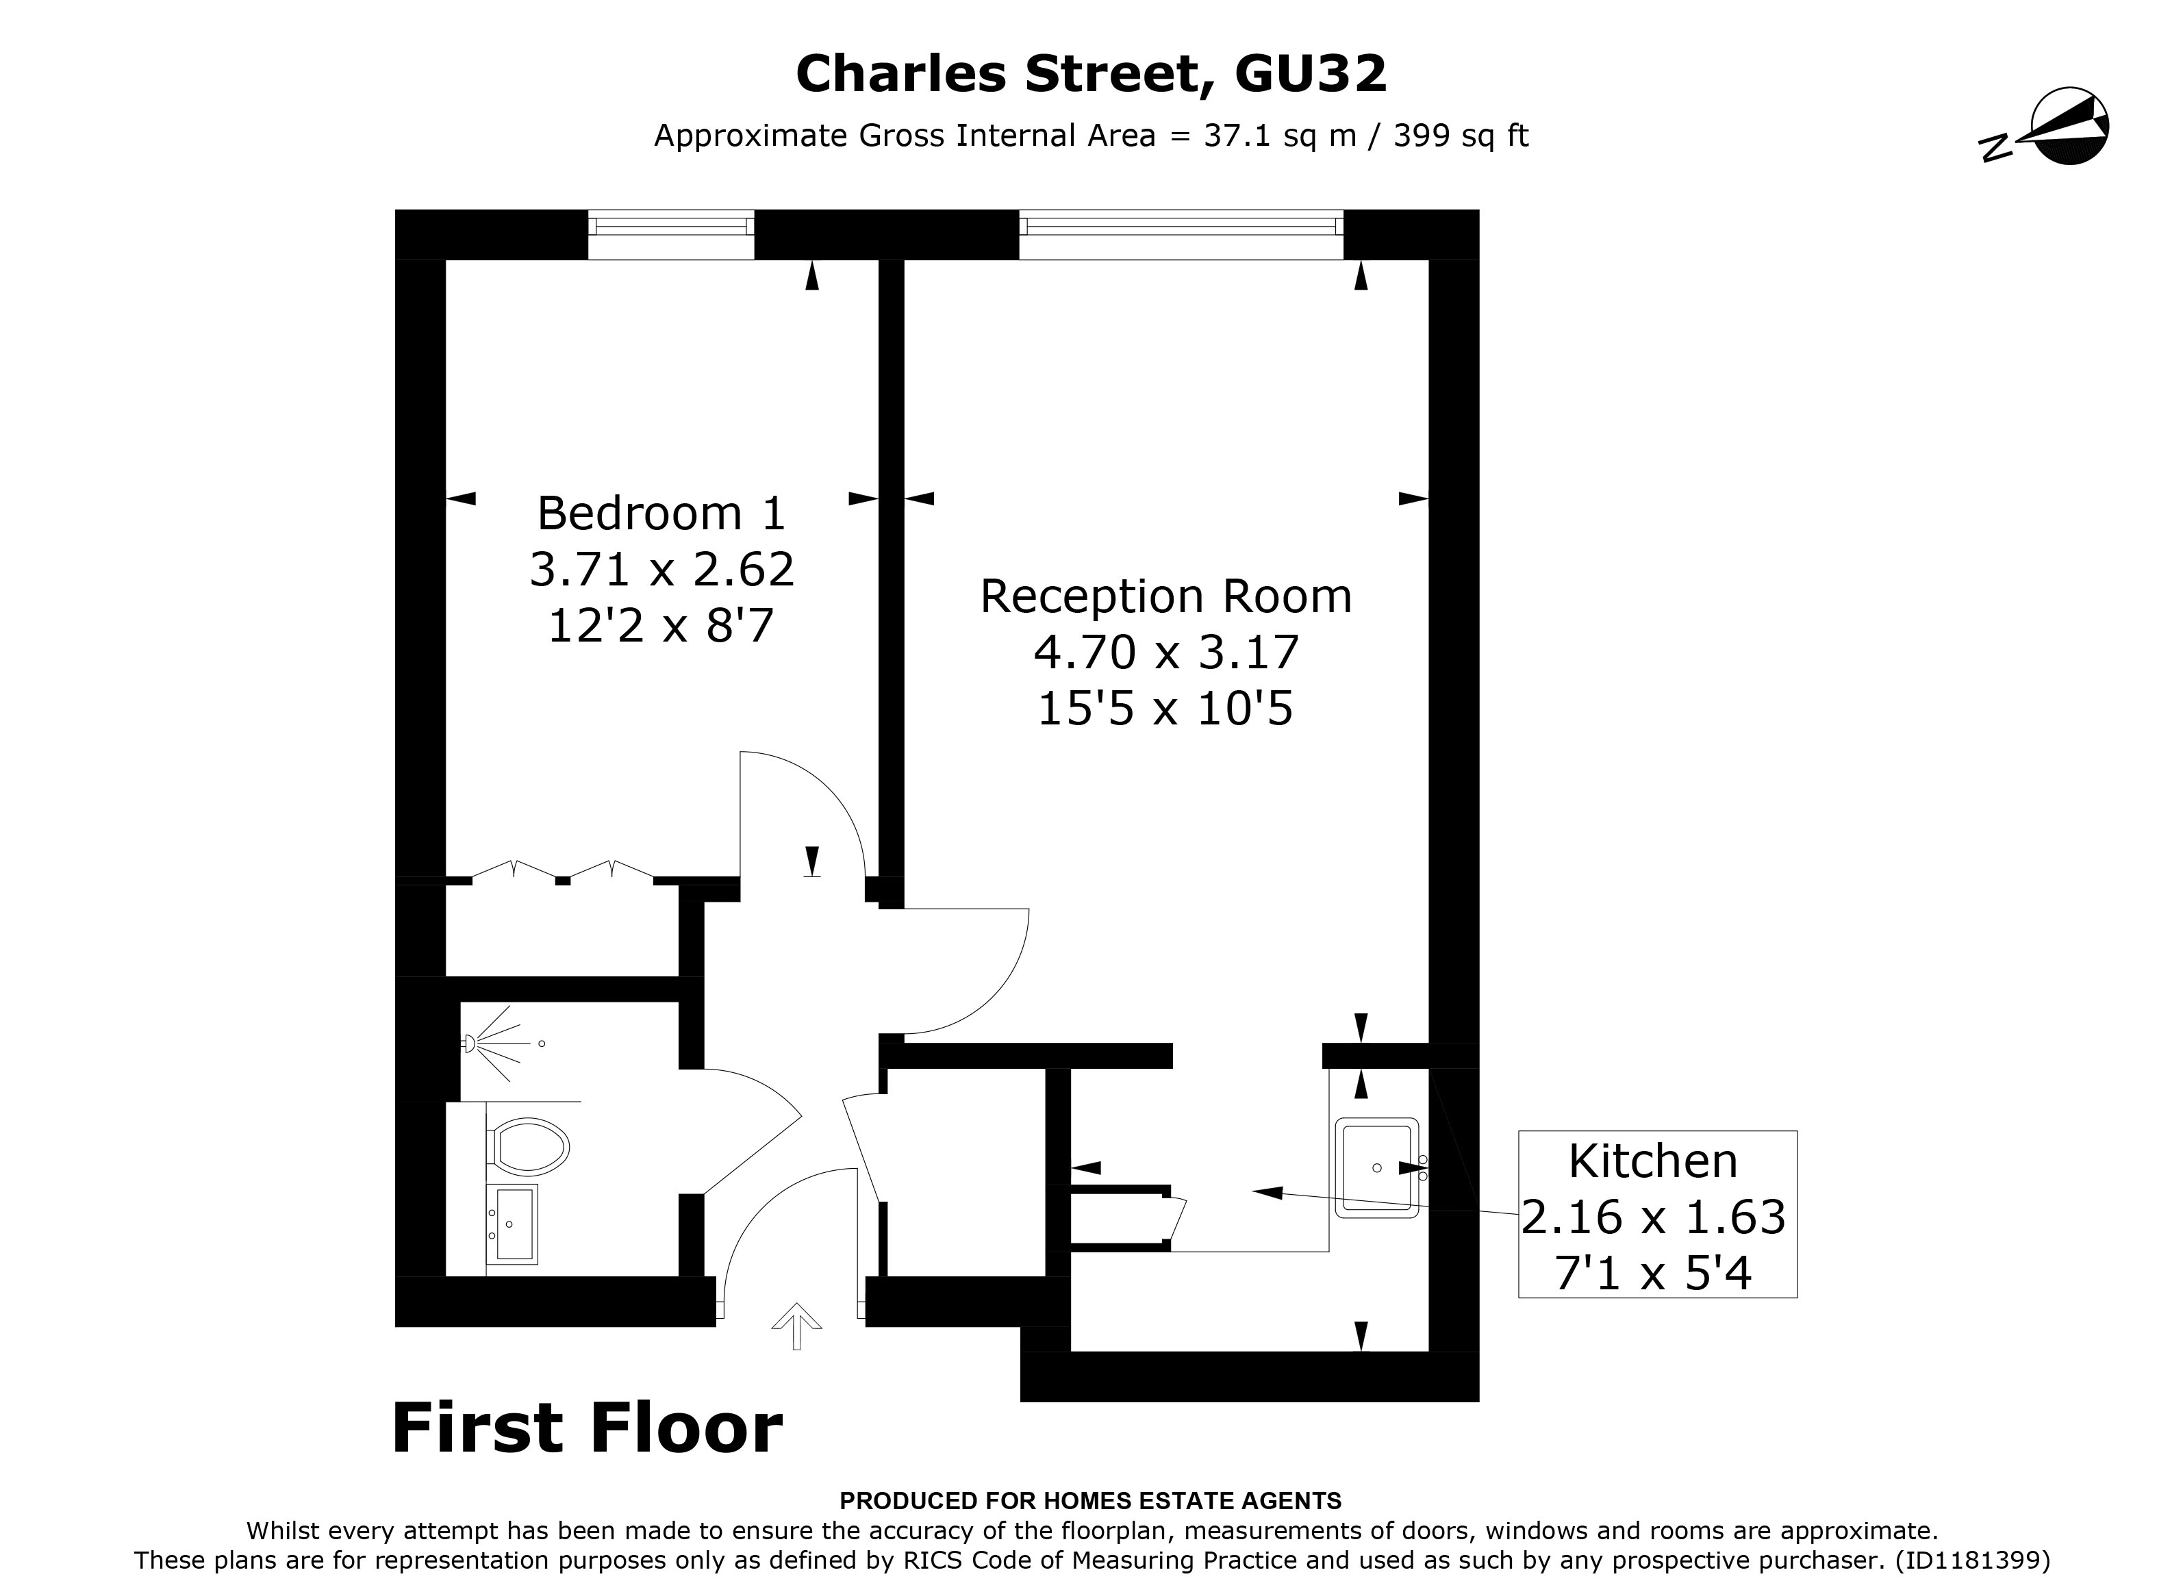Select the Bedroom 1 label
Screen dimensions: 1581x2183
(x=661, y=513)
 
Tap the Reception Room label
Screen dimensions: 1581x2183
(x=1165, y=596)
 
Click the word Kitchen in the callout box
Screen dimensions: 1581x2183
(x=1652, y=1161)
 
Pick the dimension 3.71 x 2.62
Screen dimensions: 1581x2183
(x=661, y=570)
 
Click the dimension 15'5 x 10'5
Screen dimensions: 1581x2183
(x=1165, y=709)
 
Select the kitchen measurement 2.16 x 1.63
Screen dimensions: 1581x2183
(x=1652, y=1217)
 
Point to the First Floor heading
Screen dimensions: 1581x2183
(x=586, y=1428)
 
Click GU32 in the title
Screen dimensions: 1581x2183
(x=1310, y=73)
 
